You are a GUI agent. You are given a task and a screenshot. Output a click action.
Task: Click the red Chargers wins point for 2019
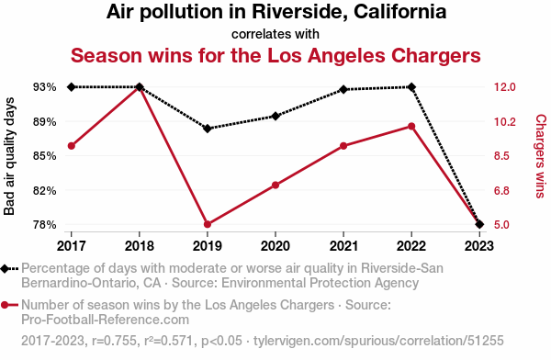208,224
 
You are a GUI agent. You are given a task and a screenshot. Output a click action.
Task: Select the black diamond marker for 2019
208,129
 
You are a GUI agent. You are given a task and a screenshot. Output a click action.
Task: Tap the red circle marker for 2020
275,186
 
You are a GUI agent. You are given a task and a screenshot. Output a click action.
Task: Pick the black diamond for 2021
343,90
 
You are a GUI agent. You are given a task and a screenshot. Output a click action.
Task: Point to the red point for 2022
411,126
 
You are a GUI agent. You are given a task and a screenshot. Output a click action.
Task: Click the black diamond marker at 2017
72,87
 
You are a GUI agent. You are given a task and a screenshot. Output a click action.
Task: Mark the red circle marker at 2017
72,146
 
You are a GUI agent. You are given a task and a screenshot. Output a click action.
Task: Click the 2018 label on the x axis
140,246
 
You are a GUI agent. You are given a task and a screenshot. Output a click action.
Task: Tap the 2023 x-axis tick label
479,246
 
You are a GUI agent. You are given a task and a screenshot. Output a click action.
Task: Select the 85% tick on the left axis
45,156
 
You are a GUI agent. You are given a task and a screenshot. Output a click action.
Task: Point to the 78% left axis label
45,224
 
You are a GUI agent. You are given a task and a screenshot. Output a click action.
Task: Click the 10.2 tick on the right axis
504,122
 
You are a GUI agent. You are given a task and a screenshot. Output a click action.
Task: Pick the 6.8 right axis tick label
501,190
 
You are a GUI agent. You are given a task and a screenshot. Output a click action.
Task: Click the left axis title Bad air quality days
9,156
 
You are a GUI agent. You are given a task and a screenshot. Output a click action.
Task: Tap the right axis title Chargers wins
541,156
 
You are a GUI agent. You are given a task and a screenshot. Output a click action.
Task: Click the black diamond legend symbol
5,269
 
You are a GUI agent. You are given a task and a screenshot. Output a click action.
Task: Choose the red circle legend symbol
5,305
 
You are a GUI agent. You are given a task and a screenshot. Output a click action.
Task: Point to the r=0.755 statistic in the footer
114,341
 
